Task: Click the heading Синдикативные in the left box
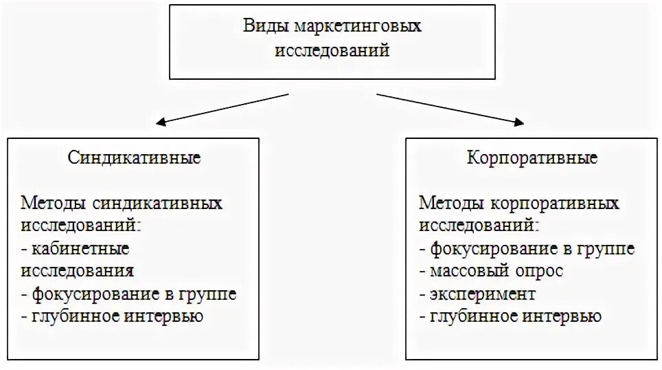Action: point(135,158)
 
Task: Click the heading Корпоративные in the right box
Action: point(532,158)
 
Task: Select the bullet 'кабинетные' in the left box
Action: point(79,249)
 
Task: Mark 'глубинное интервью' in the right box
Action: point(514,316)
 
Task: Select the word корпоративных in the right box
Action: point(555,204)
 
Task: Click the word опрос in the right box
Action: point(540,271)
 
